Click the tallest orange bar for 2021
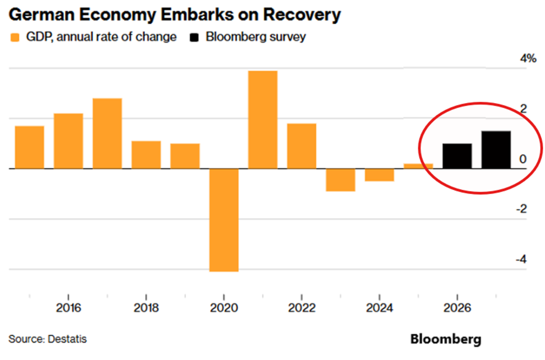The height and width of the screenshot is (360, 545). (263, 119)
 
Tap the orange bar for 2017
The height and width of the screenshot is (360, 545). (107, 133)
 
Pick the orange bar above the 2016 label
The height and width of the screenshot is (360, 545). (68, 141)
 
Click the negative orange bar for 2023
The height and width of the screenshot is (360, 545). (341, 180)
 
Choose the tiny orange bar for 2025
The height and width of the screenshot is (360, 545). (418, 166)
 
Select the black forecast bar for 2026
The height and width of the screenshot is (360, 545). (457, 156)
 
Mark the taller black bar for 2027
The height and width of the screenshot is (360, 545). (496, 150)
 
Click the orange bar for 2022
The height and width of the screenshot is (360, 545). (301, 146)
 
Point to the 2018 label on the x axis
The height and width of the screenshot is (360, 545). (146, 309)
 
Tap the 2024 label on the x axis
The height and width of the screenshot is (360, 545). (380, 309)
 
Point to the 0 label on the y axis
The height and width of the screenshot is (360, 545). (522, 159)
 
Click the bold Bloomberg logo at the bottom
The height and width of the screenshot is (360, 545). (445, 339)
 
